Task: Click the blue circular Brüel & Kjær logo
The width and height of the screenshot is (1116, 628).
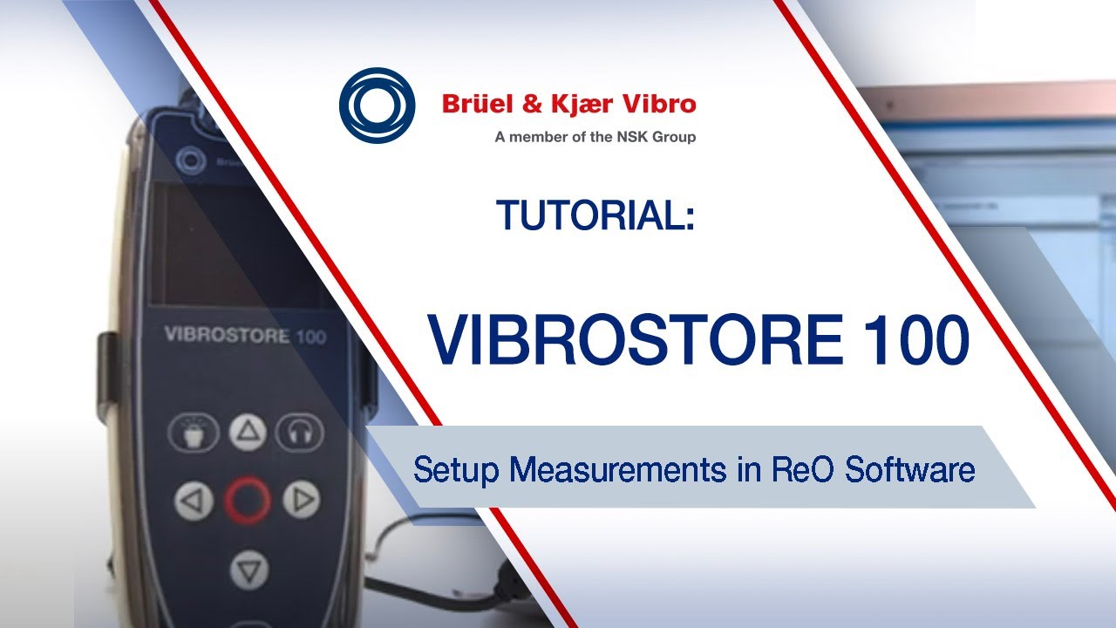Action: tap(377, 106)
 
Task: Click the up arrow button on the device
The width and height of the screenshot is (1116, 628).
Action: tap(248, 431)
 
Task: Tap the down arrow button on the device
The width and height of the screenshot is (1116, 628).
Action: tap(248, 571)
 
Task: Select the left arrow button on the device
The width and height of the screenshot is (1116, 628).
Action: tap(194, 501)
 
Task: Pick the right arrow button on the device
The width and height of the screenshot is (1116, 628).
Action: tap(302, 500)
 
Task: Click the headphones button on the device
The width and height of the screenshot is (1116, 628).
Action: tap(300, 432)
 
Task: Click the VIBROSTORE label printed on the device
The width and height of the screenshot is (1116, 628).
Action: tap(228, 335)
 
